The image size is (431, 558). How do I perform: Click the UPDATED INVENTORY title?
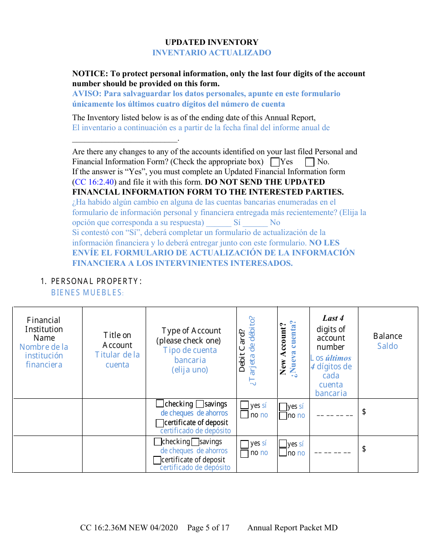click(x=211, y=42)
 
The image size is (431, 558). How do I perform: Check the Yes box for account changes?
click(x=274, y=162)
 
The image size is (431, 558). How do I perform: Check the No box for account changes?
click(x=310, y=162)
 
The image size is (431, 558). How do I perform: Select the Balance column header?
click(x=387, y=336)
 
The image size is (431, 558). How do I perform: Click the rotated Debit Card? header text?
click(x=242, y=345)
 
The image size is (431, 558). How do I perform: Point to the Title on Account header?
click(x=117, y=340)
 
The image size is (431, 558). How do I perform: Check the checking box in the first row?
click(x=160, y=403)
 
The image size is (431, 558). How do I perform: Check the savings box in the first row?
click(x=200, y=404)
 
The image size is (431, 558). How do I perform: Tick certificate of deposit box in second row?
click(x=157, y=460)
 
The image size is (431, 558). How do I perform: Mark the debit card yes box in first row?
click(x=245, y=405)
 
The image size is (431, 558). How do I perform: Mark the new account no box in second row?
click(x=283, y=453)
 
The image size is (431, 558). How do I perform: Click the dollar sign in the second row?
click(x=364, y=449)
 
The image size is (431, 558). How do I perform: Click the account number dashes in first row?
click(x=334, y=416)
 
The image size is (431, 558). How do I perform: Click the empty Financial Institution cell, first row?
click(x=47, y=417)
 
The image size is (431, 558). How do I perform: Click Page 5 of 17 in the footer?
click(x=208, y=528)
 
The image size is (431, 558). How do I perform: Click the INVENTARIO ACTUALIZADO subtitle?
click(x=211, y=53)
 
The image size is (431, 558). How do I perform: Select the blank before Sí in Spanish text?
click(x=218, y=223)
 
